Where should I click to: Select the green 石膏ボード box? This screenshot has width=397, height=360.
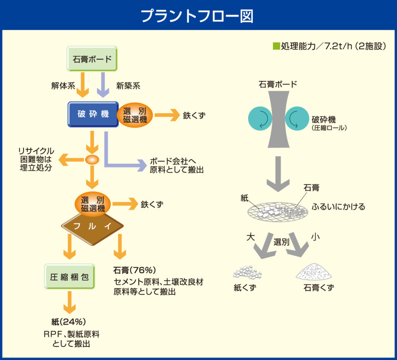[x=92, y=59]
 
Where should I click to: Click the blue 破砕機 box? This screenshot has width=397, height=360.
[x=93, y=114]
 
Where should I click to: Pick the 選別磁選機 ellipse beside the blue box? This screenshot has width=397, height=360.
[x=135, y=115]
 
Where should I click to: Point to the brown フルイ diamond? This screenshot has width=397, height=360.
[x=93, y=226]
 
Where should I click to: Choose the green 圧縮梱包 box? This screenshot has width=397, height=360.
[x=70, y=277]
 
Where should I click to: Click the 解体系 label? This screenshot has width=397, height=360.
[x=63, y=86]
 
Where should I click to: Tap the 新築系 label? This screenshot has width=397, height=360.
[x=128, y=86]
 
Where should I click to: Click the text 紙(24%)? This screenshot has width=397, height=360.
[x=68, y=322]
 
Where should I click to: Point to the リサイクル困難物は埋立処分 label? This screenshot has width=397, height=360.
[x=36, y=160]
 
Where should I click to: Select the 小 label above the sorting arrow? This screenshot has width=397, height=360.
[x=315, y=237]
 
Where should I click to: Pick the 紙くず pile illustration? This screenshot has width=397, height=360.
[x=247, y=272]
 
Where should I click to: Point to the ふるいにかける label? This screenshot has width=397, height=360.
[x=338, y=207]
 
